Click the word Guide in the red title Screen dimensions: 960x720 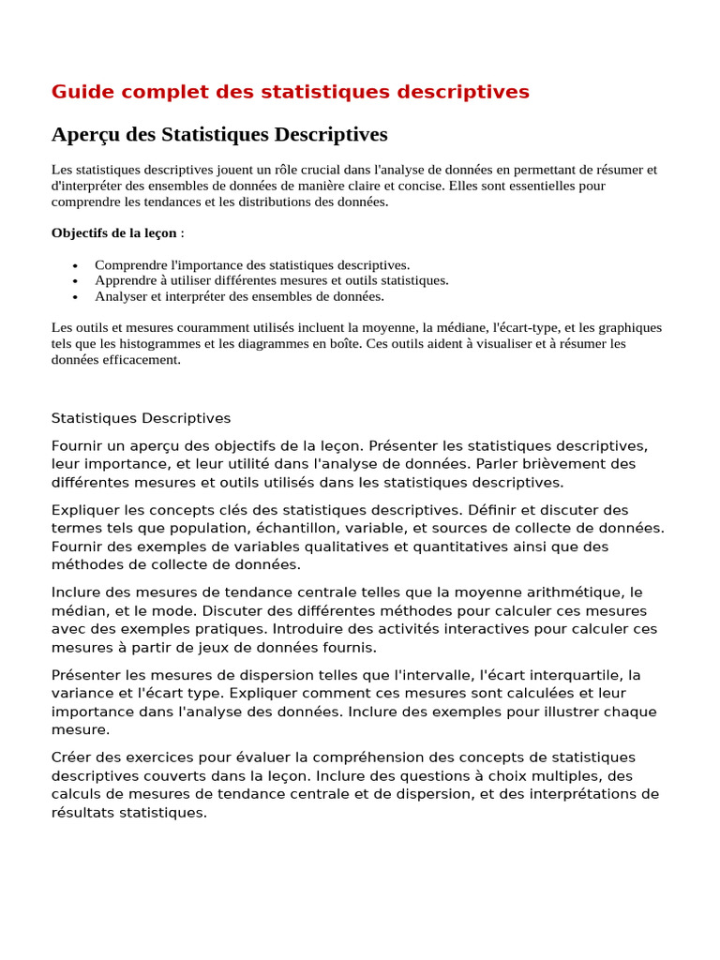[x=79, y=92]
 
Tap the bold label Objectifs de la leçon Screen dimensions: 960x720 [x=113, y=232]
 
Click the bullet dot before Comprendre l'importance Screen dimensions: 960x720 [x=75, y=265]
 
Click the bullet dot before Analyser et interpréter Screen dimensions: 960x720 [x=75, y=296]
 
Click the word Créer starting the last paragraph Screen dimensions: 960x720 [x=71, y=757]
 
